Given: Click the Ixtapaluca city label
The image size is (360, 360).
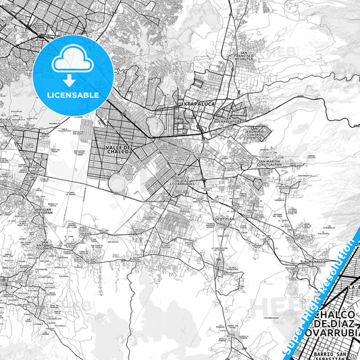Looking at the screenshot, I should coord(195,105).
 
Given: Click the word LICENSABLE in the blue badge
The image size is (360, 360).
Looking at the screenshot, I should coord(73,95).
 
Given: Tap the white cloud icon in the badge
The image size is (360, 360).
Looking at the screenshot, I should coord(73,61).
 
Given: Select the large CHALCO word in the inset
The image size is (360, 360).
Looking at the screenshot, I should coord(337,316).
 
